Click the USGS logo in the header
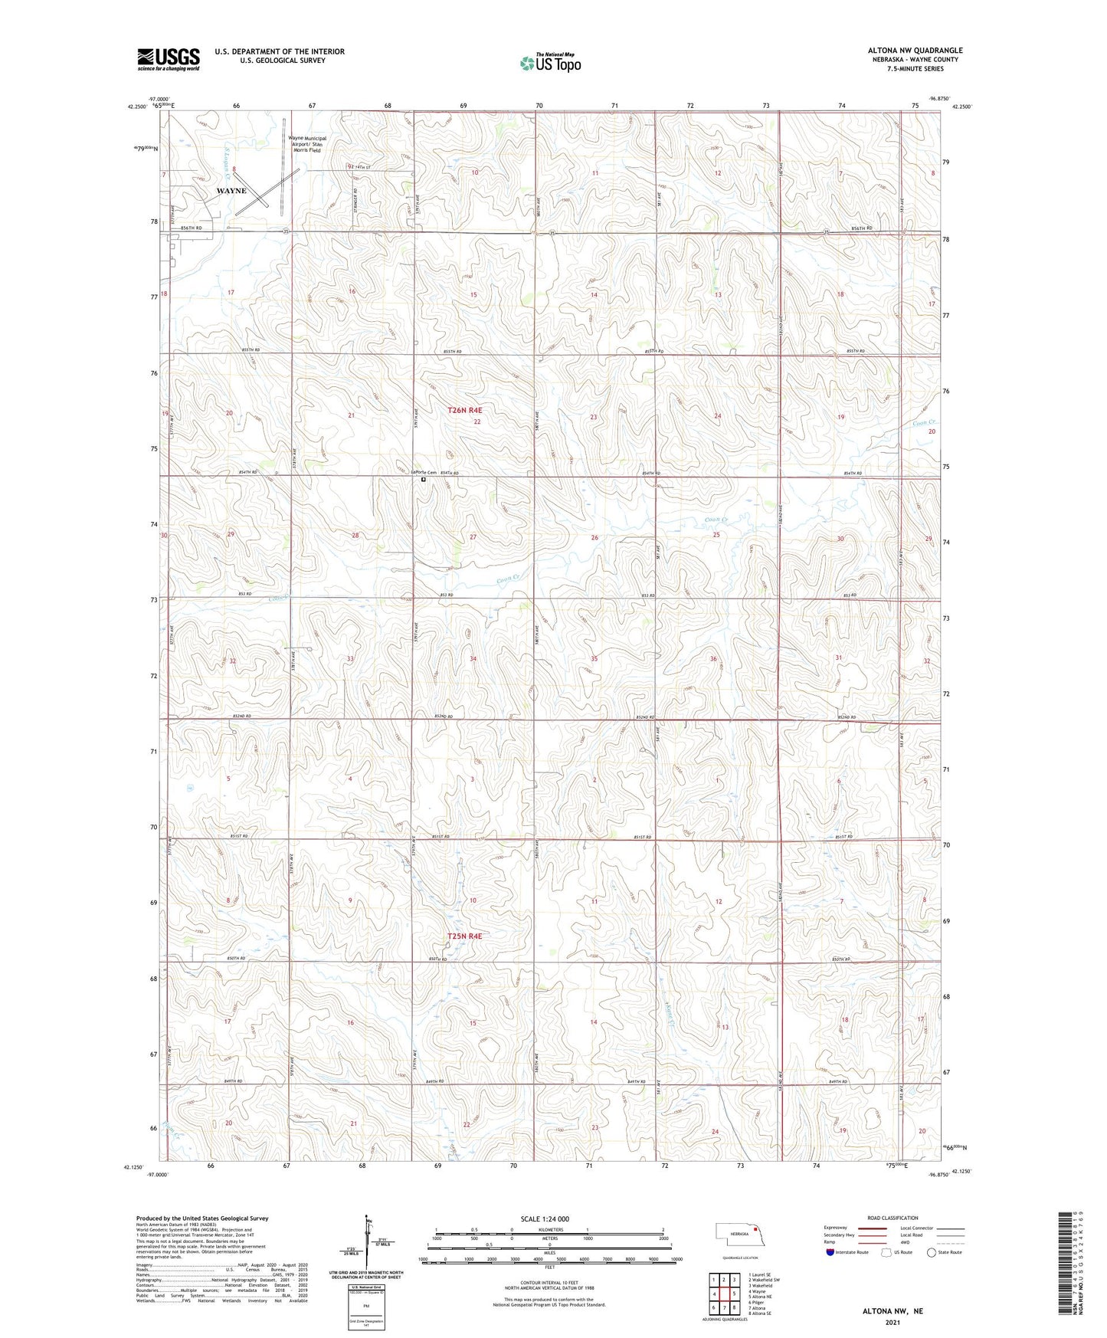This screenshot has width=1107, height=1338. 169,58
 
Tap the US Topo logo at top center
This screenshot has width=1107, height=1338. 549,64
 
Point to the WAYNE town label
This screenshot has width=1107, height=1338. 231,191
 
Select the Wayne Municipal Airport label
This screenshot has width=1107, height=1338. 307,144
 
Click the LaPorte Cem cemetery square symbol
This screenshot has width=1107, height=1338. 423,480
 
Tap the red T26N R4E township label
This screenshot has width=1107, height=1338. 465,411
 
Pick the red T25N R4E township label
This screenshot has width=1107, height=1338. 465,936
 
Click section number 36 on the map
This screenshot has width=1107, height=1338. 713,659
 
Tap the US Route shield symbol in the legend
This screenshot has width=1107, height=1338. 886,1252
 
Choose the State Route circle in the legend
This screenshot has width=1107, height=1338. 932,1252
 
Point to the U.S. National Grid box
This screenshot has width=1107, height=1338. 365,1302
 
